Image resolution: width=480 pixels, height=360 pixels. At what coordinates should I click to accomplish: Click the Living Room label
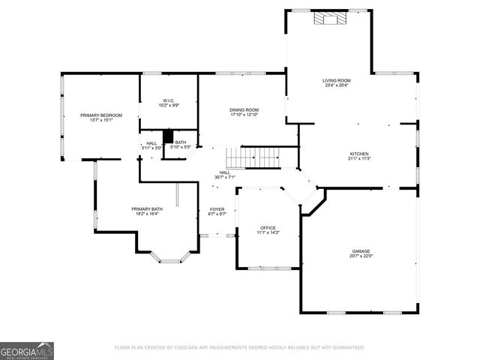(x=337, y=80)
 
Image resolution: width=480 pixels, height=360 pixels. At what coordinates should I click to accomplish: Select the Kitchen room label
(x=359, y=154)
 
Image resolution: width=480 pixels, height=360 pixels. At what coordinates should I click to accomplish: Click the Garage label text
(x=361, y=251)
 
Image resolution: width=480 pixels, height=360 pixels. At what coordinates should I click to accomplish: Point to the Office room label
(x=268, y=227)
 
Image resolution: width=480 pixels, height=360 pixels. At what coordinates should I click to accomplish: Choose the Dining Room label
(x=244, y=110)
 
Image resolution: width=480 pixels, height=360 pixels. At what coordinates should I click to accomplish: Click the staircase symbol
(x=253, y=157)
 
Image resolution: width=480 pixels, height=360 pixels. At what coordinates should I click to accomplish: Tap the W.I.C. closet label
(x=168, y=100)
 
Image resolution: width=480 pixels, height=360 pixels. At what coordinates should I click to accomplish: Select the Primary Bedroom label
(x=100, y=115)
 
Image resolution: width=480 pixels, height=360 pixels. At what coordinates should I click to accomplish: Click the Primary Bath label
(x=145, y=208)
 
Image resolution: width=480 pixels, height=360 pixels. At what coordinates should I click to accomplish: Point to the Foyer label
(x=216, y=209)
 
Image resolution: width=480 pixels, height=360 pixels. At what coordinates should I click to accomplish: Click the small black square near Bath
(x=169, y=136)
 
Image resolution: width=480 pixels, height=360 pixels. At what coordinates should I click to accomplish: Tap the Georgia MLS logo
(x=27, y=350)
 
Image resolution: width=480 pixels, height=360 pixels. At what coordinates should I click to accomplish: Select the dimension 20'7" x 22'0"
(x=361, y=256)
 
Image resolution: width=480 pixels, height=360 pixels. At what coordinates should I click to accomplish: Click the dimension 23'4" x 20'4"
(x=337, y=85)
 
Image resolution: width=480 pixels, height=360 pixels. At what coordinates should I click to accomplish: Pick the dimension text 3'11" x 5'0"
(x=151, y=148)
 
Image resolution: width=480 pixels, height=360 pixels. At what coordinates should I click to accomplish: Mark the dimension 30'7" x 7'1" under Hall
(x=224, y=178)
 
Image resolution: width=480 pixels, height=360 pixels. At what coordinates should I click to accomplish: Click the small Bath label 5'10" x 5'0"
(x=181, y=147)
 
